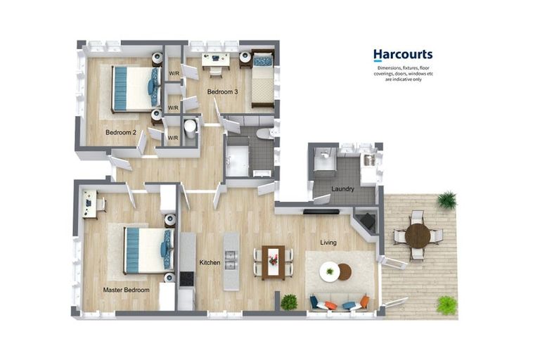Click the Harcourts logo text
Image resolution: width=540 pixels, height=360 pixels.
pos(402,54)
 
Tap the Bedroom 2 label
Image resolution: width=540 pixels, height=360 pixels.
pos(120,132)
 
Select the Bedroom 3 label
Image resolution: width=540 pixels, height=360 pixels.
pos(221,92)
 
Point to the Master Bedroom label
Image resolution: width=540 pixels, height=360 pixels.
pos(126,290)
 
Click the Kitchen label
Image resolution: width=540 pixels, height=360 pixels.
pos(210,262)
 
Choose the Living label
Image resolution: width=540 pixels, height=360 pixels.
pos(328,243)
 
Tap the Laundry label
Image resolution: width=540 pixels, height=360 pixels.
pos(342,189)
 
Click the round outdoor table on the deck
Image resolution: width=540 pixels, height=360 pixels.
pos(418,236)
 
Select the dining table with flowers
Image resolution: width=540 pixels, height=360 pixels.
pos(273,262)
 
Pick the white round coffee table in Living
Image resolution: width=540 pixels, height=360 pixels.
pos(329,271)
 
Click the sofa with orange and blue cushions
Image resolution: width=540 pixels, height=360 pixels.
pos(339,303)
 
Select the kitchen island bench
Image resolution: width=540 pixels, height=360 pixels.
pos(231,262)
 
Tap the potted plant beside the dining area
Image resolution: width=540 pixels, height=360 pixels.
pos(289,302)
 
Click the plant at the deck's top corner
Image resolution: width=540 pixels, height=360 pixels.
pos(446,200)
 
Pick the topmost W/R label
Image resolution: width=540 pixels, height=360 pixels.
pos(173,73)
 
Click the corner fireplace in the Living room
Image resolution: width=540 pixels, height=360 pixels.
pos(365,221)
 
